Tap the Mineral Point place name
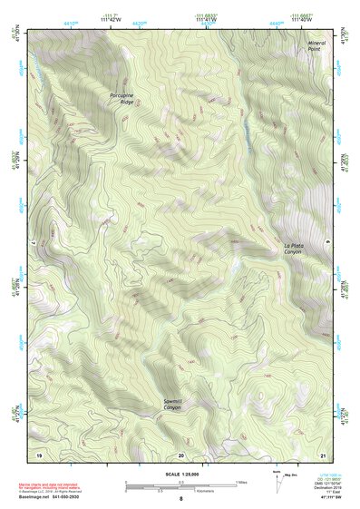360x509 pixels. (316, 45)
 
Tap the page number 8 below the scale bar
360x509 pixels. (180, 499)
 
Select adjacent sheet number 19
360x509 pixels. (39, 454)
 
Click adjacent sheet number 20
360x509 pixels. (180, 454)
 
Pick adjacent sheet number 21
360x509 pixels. (322, 454)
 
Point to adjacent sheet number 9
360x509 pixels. (326, 240)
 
